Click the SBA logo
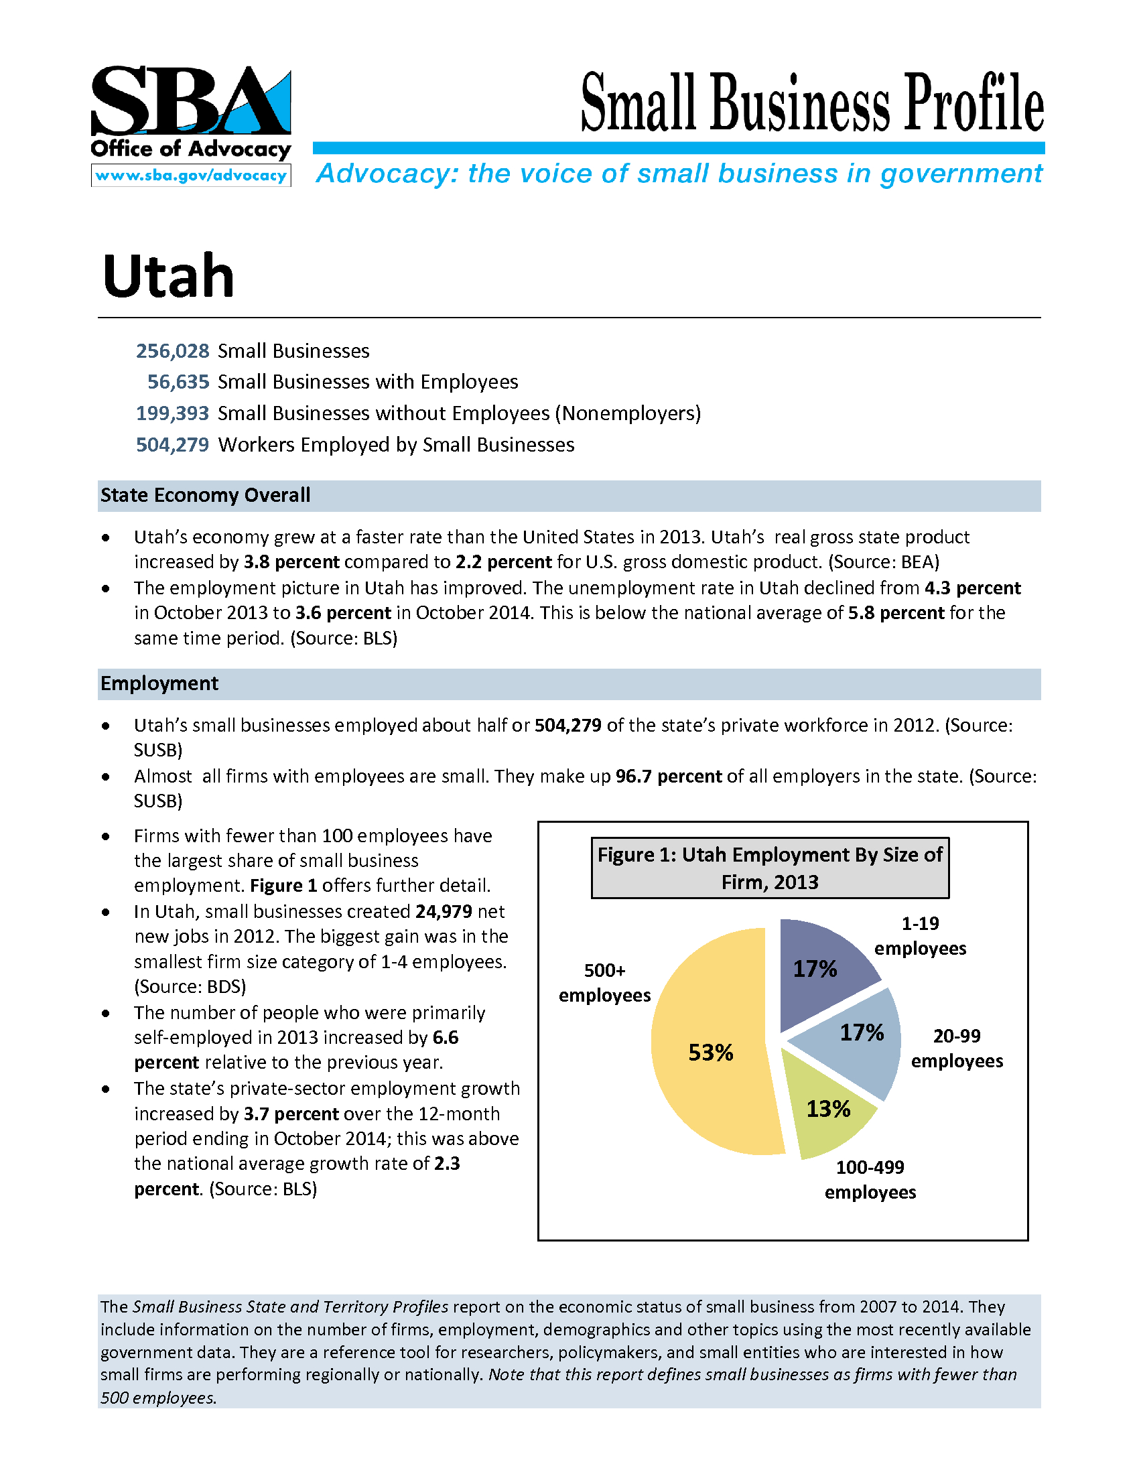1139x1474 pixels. click(191, 101)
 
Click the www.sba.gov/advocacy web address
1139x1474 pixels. click(191, 176)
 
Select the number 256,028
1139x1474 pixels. click(173, 351)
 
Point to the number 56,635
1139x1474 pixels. click(178, 382)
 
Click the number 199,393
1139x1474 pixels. click(173, 413)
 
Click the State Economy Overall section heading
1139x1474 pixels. click(205, 495)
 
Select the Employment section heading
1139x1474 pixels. click(159, 683)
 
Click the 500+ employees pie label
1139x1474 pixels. click(604, 983)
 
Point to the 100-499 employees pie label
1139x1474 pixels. click(870, 1180)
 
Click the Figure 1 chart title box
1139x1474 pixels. click(770, 868)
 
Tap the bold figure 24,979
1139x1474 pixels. click(444, 912)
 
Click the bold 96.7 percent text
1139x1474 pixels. click(669, 776)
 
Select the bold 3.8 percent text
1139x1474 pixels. click(291, 562)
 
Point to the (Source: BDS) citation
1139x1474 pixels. click(190, 987)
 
